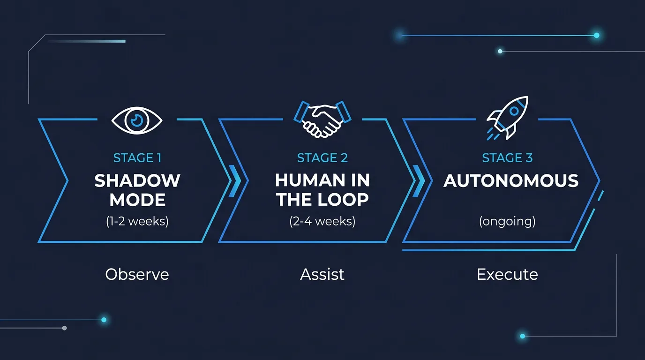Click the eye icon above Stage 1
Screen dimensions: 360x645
coord(137,121)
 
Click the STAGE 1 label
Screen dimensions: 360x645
coord(137,158)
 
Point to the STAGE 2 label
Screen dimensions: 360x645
coord(322,158)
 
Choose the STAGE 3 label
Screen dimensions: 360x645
coord(507,158)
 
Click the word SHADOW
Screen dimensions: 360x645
coord(137,180)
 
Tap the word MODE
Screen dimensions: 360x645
coord(137,200)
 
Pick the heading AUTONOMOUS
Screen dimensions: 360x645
coord(511,181)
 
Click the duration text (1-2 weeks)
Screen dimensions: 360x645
coord(137,221)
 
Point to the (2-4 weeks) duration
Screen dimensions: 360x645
coord(322,221)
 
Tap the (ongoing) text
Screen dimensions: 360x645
coord(507,221)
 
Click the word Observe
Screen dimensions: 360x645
coord(137,274)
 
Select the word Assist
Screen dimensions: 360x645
coord(322,274)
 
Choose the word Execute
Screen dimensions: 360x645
coord(507,274)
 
